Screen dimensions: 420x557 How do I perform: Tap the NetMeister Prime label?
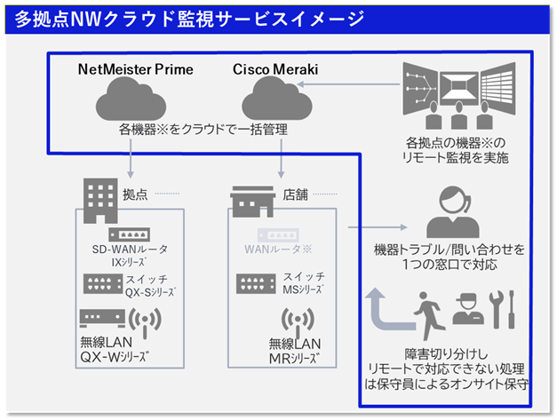(x=135, y=69)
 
